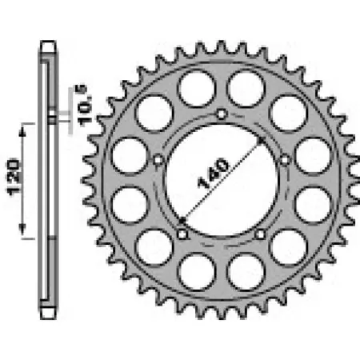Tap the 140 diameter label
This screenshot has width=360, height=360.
pyautogui.click(x=214, y=173)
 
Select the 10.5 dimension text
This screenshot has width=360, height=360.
pyautogui.click(x=84, y=105)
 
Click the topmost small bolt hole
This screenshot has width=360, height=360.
pyautogui.click(x=221, y=114)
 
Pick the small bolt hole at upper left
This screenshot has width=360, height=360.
pyautogui.click(x=158, y=160)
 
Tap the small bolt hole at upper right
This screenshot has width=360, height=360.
pyautogui.click(x=285, y=160)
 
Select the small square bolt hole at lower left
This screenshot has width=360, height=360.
pyautogui.click(x=182, y=234)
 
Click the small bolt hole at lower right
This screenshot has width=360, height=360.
pyautogui.click(x=260, y=234)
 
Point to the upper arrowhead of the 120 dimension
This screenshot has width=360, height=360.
pyautogui.click(x=22, y=132)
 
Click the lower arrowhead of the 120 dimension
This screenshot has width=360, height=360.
pyautogui.click(x=22, y=229)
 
